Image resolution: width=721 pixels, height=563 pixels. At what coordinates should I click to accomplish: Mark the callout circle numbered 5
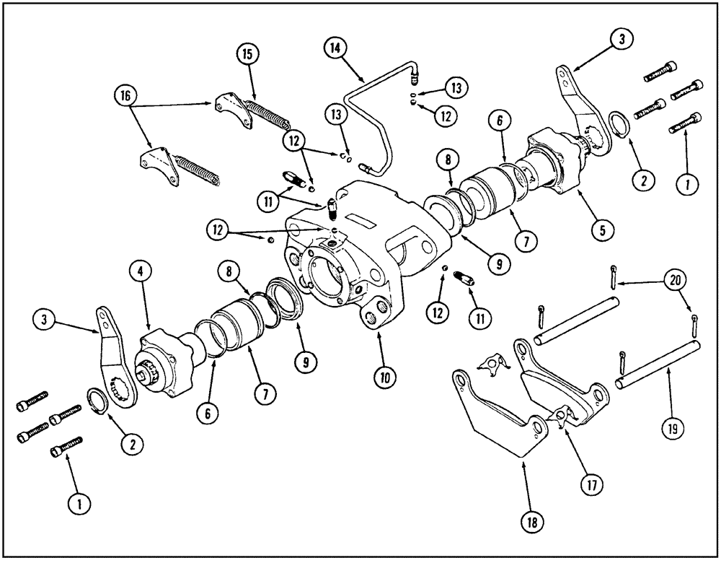(x=601, y=231)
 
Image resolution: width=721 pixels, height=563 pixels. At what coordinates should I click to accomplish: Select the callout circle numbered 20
(x=674, y=279)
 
